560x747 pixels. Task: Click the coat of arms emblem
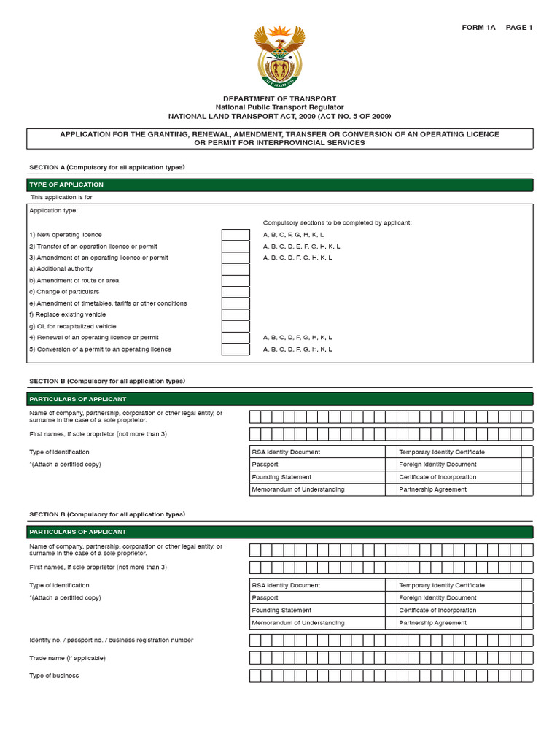(279, 56)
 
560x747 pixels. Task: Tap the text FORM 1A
(478, 28)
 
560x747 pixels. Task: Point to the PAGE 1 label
(519, 28)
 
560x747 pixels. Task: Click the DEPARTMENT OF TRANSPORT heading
(279, 98)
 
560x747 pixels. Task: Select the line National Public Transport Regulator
(279, 107)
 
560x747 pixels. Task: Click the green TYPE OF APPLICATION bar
(279, 185)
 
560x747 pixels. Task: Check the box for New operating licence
(236, 235)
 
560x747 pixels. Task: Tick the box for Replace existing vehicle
(236, 315)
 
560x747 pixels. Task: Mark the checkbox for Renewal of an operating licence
(236, 338)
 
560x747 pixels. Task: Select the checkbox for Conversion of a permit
(236, 349)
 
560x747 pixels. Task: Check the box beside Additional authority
(236, 269)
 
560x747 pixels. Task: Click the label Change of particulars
(64, 292)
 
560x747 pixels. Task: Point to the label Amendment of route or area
(74, 280)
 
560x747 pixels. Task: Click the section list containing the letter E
(301, 247)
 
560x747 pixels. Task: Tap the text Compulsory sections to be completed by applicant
(337, 222)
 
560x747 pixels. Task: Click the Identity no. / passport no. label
(111, 640)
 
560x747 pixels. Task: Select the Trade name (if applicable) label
(67, 658)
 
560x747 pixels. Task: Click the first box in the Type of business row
(255, 676)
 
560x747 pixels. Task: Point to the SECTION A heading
(106, 167)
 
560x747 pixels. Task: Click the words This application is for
(61, 197)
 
